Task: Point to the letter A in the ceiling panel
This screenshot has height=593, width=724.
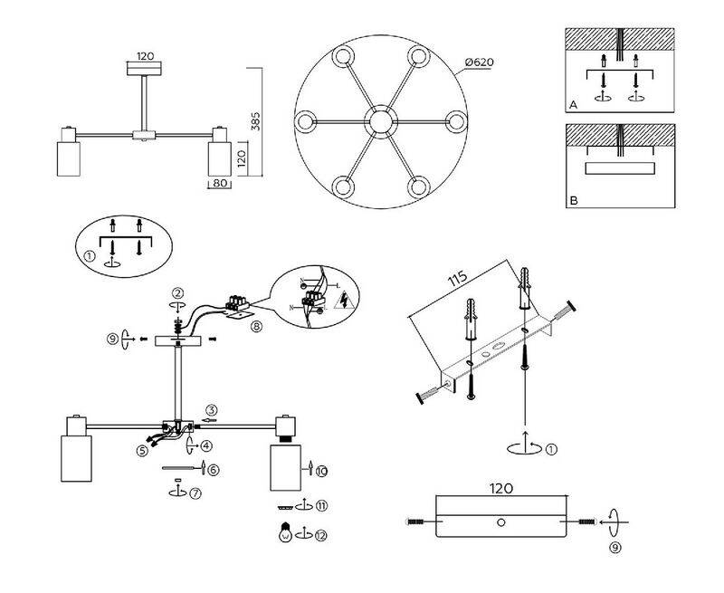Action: pyautogui.click(x=573, y=105)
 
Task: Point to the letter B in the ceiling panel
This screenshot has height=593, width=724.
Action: pyautogui.click(x=573, y=200)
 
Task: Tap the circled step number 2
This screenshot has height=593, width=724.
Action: pyautogui.click(x=179, y=292)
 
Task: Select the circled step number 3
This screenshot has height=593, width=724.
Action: pyautogui.click(x=210, y=408)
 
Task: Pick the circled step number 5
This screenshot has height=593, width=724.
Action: pyautogui.click(x=142, y=449)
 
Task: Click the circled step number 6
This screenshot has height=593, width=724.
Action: pyautogui.click(x=213, y=469)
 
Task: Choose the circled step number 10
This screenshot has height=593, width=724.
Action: pyautogui.click(x=321, y=470)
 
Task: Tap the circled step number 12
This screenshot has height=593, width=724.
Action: pyautogui.click(x=321, y=534)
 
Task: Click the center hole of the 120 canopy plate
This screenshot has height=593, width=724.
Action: pyautogui.click(x=502, y=522)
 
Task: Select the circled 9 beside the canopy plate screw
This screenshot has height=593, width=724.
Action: pyautogui.click(x=614, y=547)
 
